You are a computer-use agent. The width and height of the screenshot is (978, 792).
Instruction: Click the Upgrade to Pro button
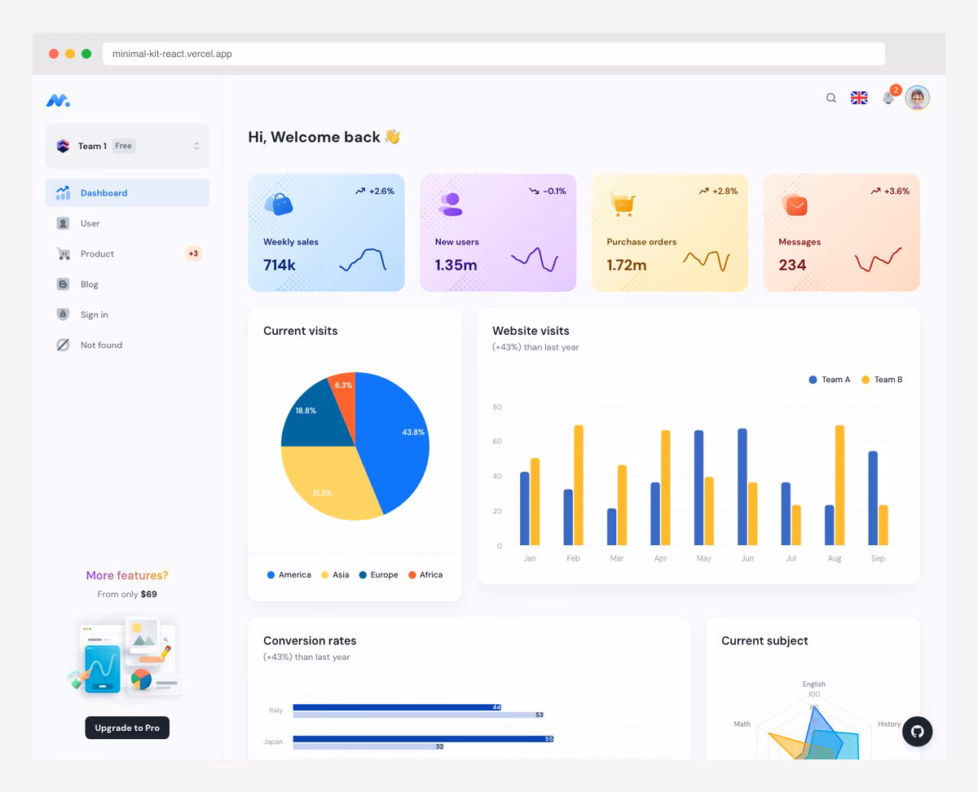[x=127, y=728]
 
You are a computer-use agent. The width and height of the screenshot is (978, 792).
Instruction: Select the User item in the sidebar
[x=90, y=223]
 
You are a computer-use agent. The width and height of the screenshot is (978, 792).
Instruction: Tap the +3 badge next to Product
[x=193, y=253]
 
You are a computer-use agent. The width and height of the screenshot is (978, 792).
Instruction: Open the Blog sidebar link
[x=89, y=284]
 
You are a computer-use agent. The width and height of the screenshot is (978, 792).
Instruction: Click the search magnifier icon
[x=831, y=98]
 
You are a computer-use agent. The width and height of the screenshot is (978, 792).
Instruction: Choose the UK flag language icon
[x=859, y=98]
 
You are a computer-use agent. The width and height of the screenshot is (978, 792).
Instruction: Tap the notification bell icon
[x=888, y=99]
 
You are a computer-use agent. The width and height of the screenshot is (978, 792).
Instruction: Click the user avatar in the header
[x=918, y=98]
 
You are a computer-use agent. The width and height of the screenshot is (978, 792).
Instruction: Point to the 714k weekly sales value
[x=280, y=265]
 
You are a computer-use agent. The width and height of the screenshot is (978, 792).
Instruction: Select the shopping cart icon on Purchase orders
[x=623, y=204]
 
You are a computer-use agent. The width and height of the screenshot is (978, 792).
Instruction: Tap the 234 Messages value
[x=792, y=265]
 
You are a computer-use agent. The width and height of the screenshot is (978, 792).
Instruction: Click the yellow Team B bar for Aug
[x=839, y=485]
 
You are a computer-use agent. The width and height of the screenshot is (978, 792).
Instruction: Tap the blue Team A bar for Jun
[x=742, y=486]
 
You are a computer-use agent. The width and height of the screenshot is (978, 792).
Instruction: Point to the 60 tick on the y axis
[x=497, y=442]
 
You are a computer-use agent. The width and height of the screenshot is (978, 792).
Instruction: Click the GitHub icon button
[x=918, y=732]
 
